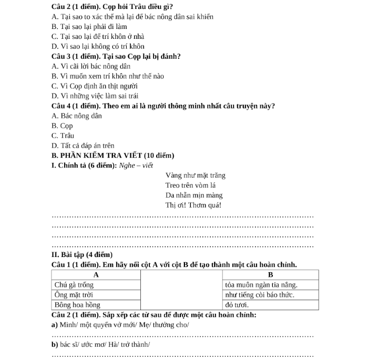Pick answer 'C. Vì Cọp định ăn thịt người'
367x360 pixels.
click(95, 86)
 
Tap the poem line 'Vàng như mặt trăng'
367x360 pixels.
click(195, 176)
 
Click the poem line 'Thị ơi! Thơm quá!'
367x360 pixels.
click(193, 205)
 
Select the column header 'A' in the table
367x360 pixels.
click(96, 275)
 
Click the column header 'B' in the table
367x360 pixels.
click(271, 275)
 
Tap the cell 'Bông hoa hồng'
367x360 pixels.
click(77, 305)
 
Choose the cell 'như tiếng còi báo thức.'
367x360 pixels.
click(259, 295)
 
